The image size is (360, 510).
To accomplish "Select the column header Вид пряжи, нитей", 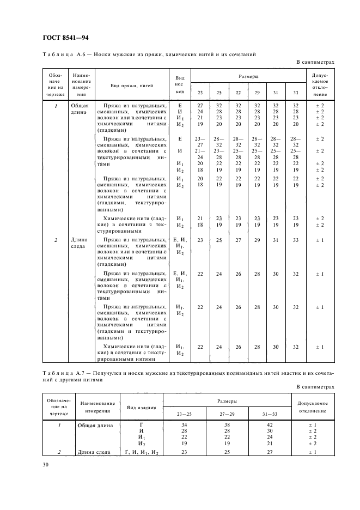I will point(132,85).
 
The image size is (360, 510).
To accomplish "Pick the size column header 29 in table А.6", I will point(257,92).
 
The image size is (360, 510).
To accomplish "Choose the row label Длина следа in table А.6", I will point(81,243).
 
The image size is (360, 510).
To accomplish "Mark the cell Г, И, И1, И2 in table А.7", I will point(142,452).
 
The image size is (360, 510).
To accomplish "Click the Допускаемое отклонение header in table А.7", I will point(316,407).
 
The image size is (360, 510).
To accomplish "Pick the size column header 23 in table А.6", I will point(200,92).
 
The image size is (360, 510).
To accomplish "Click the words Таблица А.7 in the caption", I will point(63,373).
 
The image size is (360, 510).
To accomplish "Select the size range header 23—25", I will point(185,414).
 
